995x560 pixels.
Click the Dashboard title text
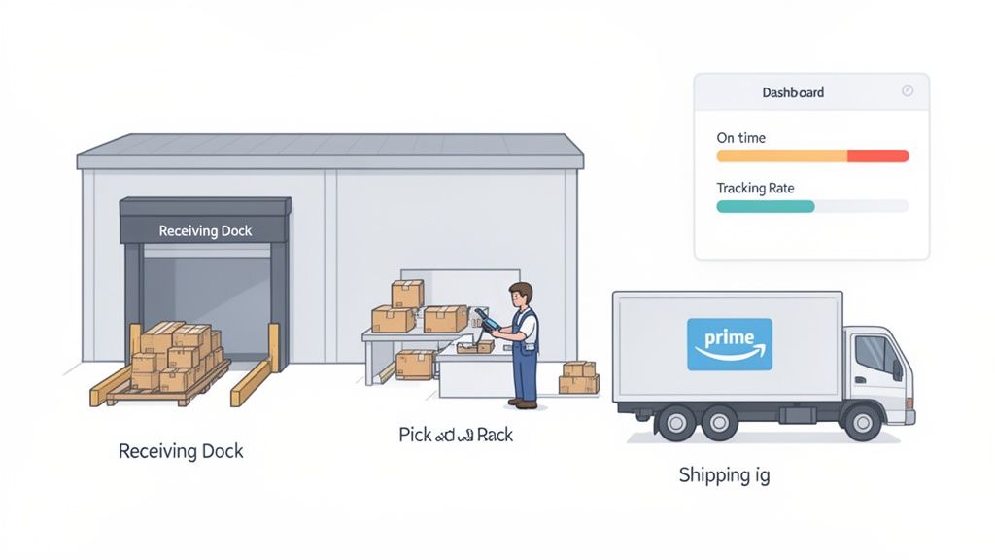coord(793,92)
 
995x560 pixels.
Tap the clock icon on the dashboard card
coord(908,90)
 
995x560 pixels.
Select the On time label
coord(741,138)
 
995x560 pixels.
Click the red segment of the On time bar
coord(877,156)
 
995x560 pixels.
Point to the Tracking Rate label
coord(755,188)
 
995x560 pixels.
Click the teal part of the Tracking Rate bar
coord(765,206)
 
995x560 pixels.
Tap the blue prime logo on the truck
coord(729,344)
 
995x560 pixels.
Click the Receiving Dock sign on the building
coord(205,230)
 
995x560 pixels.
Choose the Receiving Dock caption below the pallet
coord(181,451)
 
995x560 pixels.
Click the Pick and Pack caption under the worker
coord(456,435)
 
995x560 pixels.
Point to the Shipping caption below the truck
coord(724,475)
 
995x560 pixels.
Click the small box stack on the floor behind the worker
coord(579,377)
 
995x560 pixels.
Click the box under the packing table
coord(415,364)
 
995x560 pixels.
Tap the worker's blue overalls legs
coord(525,374)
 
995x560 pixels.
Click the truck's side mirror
coord(897,369)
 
